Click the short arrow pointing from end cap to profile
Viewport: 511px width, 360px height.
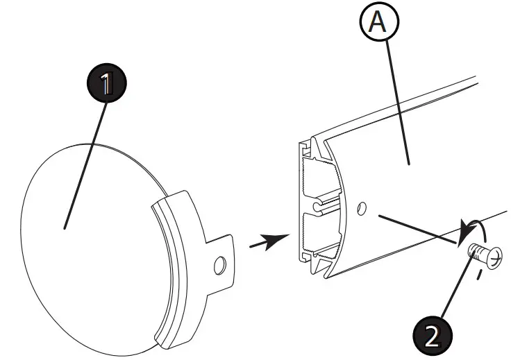point(268,243)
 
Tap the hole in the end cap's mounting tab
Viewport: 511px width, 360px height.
point(220,264)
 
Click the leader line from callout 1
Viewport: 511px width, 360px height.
point(87,160)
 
